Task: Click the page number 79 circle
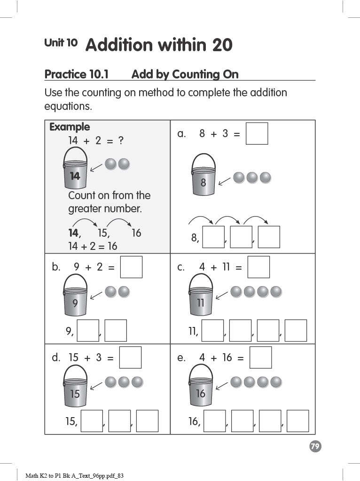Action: pos(315,446)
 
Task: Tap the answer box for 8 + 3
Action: pos(257,133)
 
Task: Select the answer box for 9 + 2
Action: pos(131,267)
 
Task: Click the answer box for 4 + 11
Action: pos(258,267)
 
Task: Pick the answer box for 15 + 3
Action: pos(130,357)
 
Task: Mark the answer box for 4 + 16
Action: pos(260,357)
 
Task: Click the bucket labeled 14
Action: pos(75,168)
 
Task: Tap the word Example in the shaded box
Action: pos(70,127)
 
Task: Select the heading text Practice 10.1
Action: pos(77,74)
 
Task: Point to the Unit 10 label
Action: pos(61,43)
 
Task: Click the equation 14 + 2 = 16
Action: pos(93,246)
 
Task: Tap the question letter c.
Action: pos(181,267)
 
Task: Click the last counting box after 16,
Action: pos(297,421)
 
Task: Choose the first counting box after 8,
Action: pos(213,237)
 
